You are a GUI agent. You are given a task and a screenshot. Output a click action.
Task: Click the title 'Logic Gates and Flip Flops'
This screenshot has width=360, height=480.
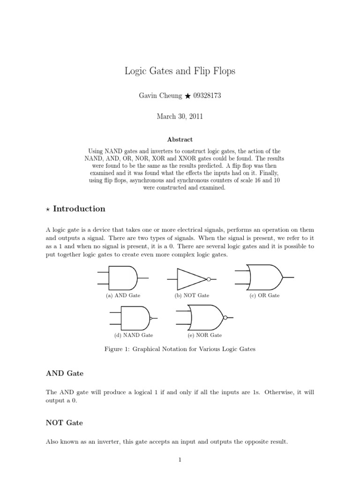coord(180,71)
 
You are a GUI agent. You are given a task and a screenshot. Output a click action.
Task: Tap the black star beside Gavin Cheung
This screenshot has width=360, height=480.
coord(187,96)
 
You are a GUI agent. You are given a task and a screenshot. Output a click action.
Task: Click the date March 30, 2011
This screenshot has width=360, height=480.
coord(180,117)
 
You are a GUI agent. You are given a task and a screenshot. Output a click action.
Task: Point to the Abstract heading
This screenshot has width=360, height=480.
coord(180,139)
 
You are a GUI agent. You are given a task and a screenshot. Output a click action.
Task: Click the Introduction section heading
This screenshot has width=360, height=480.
coord(79,209)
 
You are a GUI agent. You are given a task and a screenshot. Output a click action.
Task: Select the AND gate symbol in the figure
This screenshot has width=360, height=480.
coord(123,277)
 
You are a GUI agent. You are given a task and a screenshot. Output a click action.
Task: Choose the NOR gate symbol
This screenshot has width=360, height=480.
coord(206,317)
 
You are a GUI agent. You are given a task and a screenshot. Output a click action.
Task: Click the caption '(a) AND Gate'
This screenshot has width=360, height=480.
coord(123,296)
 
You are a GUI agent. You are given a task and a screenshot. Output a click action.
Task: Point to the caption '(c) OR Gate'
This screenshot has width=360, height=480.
coord(265,296)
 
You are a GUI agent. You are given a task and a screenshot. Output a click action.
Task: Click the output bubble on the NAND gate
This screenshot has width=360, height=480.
coord(151,318)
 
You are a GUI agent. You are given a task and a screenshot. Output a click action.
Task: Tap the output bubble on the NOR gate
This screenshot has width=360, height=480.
coord(225,317)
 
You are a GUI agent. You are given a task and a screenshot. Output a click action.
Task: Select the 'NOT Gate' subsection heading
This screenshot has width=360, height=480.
coord(64,422)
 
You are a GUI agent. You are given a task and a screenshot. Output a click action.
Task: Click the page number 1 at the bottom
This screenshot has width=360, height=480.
coord(180,460)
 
